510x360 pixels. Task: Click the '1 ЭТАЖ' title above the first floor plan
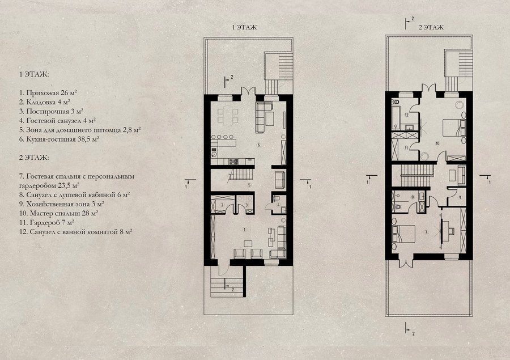tap(244, 27)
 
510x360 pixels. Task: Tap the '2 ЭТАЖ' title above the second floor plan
tap(431, 27)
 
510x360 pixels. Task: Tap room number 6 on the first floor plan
tap(259, 145)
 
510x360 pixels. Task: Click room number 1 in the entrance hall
tap(245, 230)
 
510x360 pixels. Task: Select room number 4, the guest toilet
tap(279, 205)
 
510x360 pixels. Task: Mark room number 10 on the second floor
tap(437, 143)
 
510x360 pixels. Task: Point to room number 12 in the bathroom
tap(406, 115)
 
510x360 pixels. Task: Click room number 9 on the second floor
tap(460, 197)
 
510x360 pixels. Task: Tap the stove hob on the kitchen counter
tap(233, 161)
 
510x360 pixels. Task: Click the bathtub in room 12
tap(395, 117)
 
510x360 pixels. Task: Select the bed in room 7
tap(404, 234)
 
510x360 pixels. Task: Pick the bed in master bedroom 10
tap(454, 128)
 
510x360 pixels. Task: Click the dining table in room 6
tap(228, 116)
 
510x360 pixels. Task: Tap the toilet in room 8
tap(397, 206)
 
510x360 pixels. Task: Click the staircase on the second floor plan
tap(416, 176)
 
